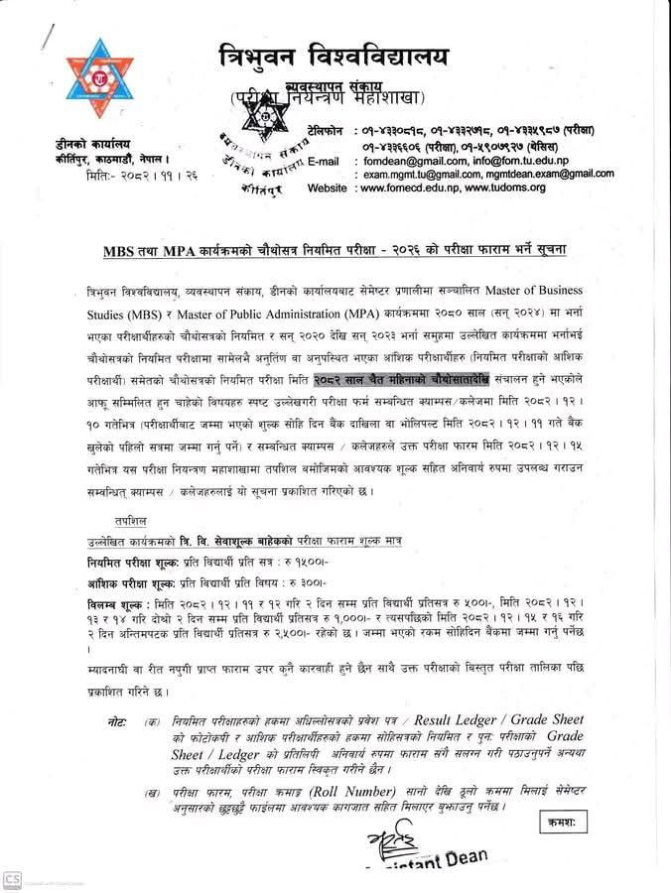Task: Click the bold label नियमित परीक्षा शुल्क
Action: point(131,560)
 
